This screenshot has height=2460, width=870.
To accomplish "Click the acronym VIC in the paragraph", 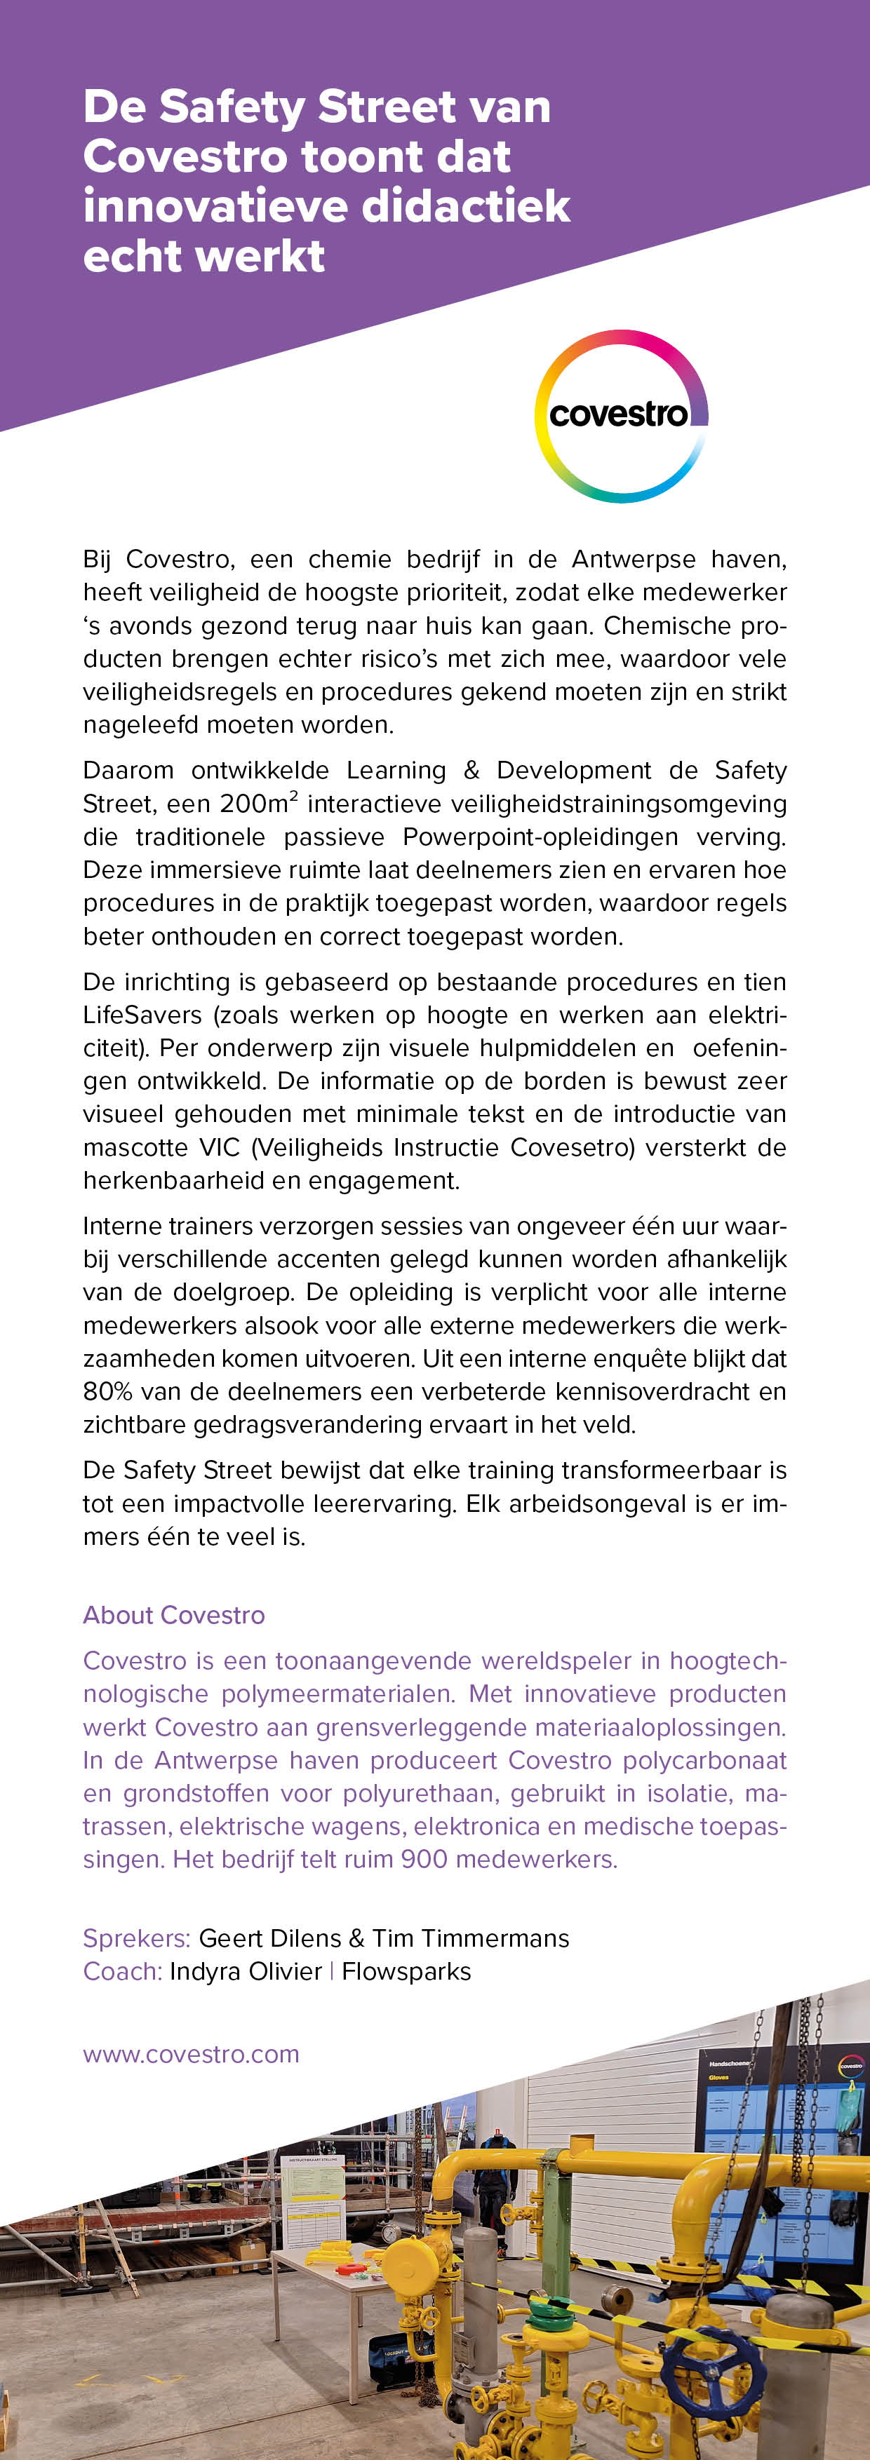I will [x=220, y=1147].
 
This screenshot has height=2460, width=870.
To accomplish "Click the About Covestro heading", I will [x=174, y=1615].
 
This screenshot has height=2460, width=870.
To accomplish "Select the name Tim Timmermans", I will [x=471, y=1938].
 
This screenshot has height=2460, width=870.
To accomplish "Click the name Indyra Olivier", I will [x=246, y=1971].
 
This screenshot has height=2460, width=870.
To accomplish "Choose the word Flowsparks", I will [x=407, y=1971].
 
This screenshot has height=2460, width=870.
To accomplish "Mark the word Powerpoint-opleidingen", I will [x=540, y=837].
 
